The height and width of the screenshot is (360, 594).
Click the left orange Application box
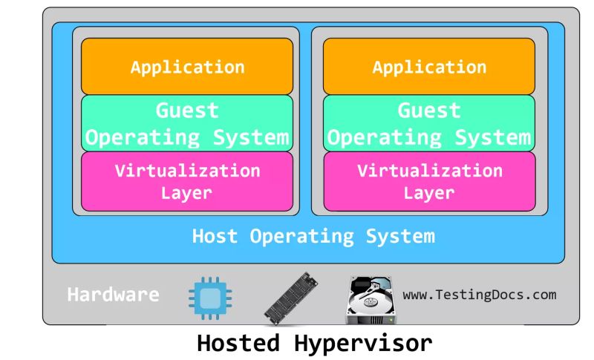(187, 67)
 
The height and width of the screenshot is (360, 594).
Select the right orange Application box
(429, 67)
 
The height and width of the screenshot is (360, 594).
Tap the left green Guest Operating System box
(187, 123)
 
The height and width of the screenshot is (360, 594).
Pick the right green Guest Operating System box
(429, 123)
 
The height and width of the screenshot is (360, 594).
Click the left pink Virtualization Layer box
(187, 182)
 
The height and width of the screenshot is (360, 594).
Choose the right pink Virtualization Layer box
(429, 182)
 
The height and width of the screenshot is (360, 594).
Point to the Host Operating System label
(313, 237)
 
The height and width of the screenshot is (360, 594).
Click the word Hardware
(113, 295)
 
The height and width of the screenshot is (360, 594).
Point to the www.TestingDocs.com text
(479, 295)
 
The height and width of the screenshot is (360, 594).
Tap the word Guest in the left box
(187, 111)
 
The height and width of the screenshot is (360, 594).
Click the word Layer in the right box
(429, 194)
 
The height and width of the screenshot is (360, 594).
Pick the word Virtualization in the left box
(187, 171)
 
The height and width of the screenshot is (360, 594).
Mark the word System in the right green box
(494, 138)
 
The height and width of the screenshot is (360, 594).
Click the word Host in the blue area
(215, 237)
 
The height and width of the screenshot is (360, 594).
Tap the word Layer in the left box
(187, 194)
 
